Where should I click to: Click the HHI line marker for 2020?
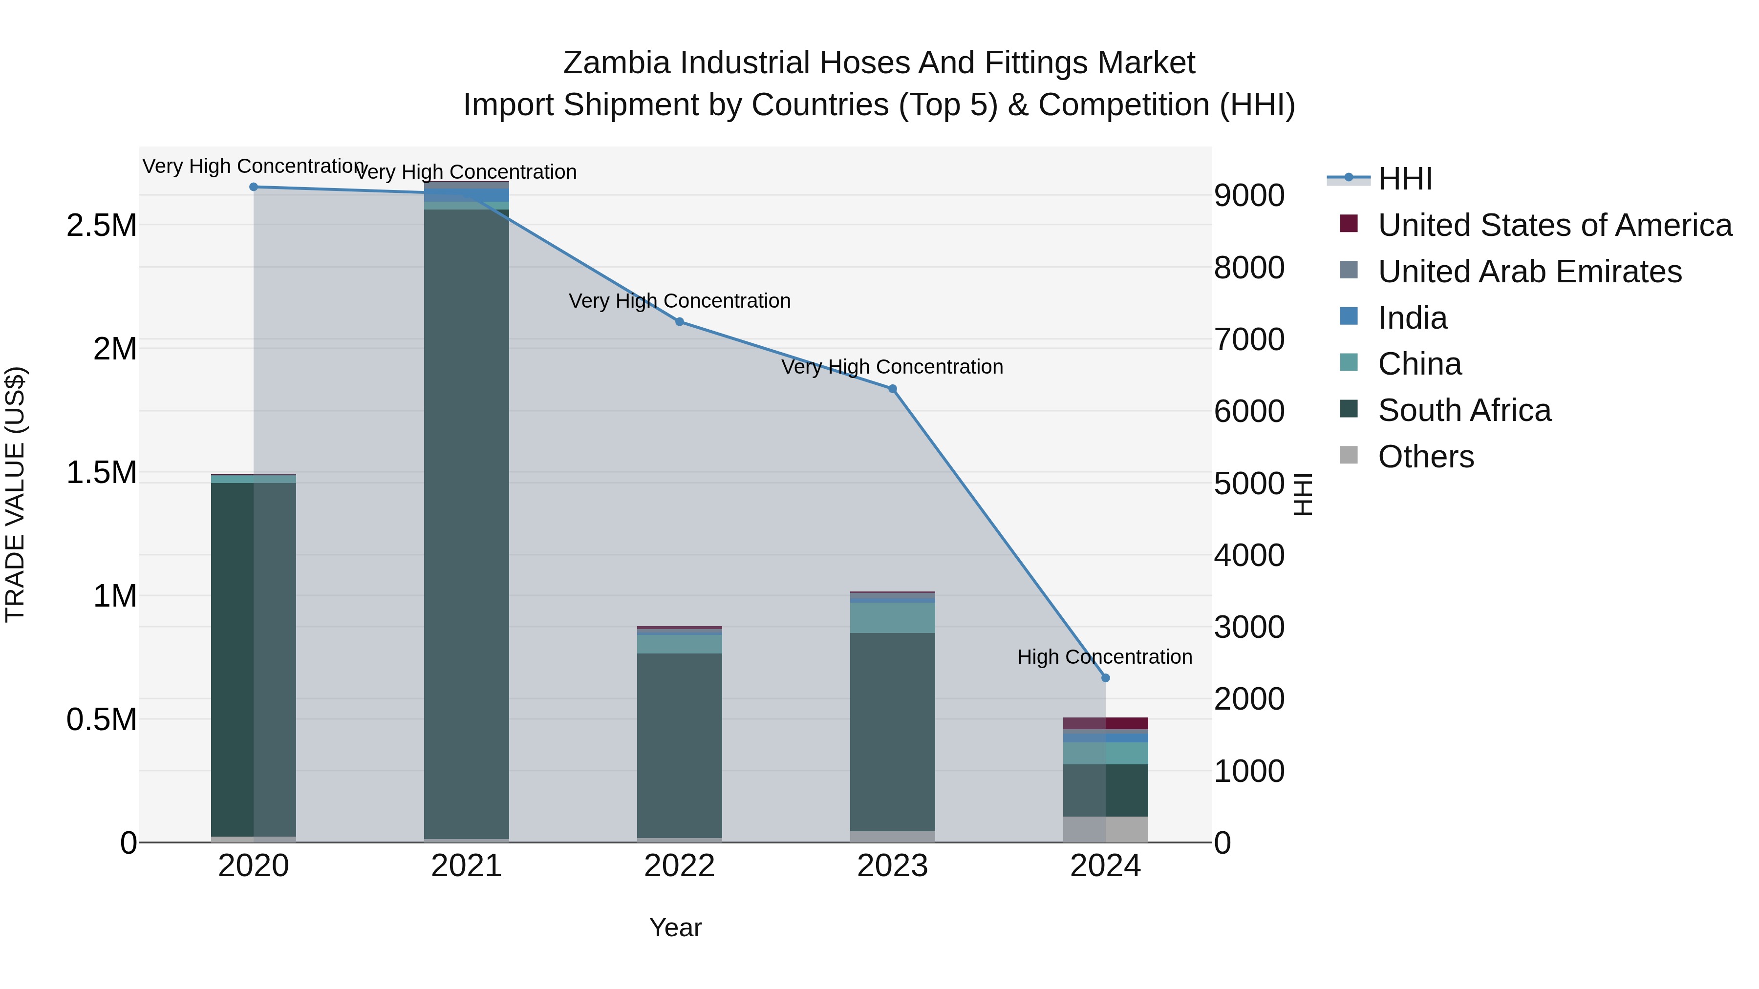point(253,187)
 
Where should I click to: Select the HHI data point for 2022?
point(680,321)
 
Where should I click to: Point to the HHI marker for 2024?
point(1106,678)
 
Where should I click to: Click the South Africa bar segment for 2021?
point(467,519)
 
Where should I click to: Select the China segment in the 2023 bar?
point(893,618)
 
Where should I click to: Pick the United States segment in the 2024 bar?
point(1106,723)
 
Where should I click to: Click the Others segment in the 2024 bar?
point(1106,829)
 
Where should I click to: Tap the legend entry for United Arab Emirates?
point(1529,271)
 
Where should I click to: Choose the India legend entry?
point(1412,317)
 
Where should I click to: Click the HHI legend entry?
point(1405,179)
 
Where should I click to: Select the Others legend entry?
point(1426,456)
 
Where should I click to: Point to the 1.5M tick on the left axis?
point(101,472)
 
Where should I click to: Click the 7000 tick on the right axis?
point(1249,339)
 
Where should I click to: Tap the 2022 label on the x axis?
point(680,865)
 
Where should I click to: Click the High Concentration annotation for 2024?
point(1104,656)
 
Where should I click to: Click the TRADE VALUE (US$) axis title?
point(15,494)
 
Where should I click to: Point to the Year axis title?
point(675,927)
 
